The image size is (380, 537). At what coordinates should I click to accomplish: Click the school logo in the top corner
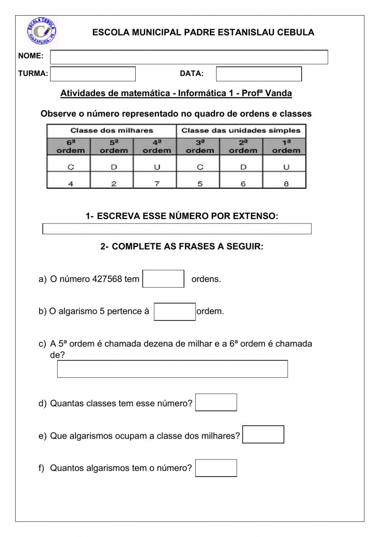(x=42, y=31)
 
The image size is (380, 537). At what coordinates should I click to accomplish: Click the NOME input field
(x=189, y=57)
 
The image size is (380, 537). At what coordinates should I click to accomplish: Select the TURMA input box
(x=93, y=74)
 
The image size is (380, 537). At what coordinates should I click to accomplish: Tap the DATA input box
(x=259, y=74)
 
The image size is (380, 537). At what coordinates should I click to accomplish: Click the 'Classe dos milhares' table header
(x=112, y=131)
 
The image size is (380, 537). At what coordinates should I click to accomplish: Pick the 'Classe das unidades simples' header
(x=241, y=131)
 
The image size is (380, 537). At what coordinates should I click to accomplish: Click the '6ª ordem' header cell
(x=70, y=146)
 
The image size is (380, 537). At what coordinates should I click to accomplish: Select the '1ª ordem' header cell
(x=286, y=146)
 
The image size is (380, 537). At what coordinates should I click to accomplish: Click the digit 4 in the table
(x=71, y=184)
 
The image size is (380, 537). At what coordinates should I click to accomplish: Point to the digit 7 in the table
(x=157, y=184)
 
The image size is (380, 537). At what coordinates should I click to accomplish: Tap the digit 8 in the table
(x=286, y=184)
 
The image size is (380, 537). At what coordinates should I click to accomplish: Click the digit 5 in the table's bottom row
(x=200, y=184)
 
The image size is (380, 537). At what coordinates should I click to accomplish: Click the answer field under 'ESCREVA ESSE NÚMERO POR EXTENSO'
(x=177, y=229)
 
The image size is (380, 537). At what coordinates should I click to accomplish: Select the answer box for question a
(x=163, y=279)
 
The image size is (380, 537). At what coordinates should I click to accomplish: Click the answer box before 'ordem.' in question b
(x=175, y=312)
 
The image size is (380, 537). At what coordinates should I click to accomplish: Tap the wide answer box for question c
(x=172, y=369)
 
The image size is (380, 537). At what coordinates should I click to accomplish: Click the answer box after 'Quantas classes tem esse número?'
(x=216, y=402)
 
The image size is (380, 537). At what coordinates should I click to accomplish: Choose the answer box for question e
(x=263, y=434)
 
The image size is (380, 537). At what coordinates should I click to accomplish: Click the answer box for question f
(x=216, y=468)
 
